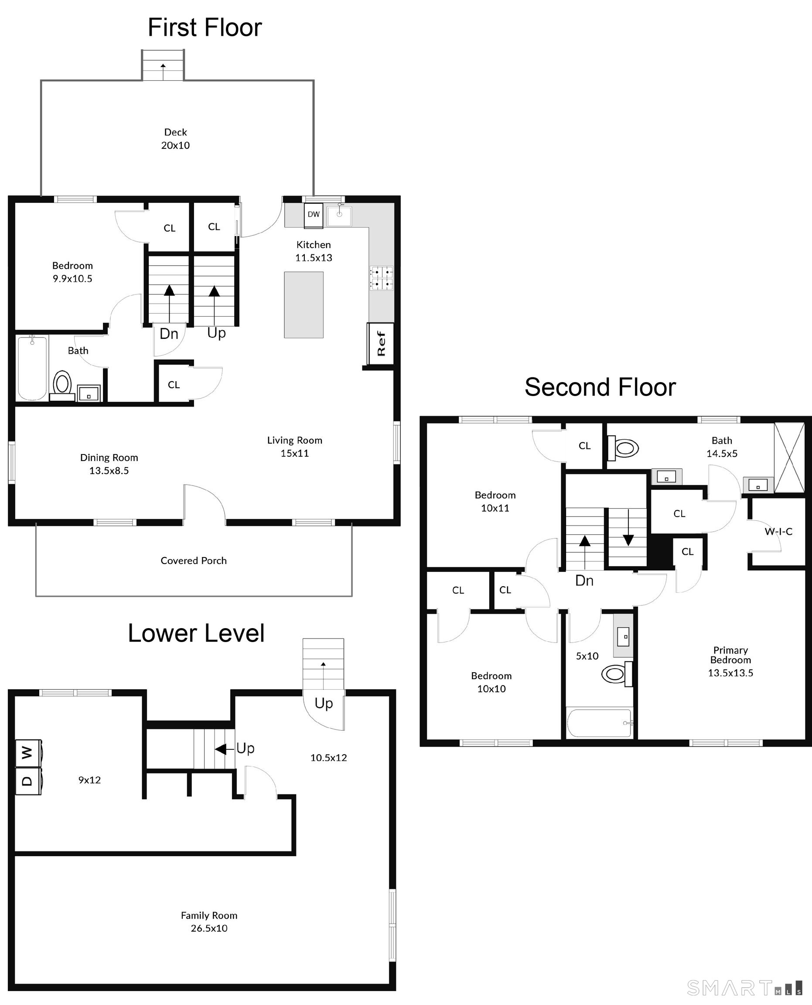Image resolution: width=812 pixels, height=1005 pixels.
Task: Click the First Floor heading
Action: pyautogui.click(x=205, y=27)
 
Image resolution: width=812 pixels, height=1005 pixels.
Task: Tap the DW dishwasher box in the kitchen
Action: pyautogui.click(x=314, y=215)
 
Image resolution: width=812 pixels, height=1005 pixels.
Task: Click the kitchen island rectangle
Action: pyautogui.click(x=304, y=304)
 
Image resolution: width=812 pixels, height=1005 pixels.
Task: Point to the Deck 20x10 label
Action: pyautogui.click(x=175, y=138)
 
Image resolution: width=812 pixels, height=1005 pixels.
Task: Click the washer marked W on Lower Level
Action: pyautogui.click(x=28, y=753)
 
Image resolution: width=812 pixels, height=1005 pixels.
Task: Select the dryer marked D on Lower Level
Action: pyautogui.click(x=28, y=781)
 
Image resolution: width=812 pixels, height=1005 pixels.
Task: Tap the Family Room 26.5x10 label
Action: pyautogui.click(x=209, y=921)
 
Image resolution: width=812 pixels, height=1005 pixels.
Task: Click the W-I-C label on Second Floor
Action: pyautogui.click(x=778, y=532)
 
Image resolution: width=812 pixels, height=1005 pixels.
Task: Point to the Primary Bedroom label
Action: pyautogui.click(x=730, y=655)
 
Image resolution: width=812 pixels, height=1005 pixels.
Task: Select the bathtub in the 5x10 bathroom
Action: pyautogui.click(x=599, y=723)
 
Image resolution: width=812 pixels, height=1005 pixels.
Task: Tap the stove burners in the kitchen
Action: pyautogui.click(x=382, y=278)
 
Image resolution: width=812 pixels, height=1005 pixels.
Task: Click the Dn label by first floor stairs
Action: pyautogui.click(x=169, y=334)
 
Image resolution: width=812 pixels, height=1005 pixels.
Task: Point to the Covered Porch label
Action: pyautogui.click(x=194, y=561)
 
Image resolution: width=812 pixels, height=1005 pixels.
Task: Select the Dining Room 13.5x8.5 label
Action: pyautogui.click(x=109, y=464)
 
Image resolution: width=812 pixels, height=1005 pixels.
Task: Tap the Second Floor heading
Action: pyautogui.click(x=600, y=387)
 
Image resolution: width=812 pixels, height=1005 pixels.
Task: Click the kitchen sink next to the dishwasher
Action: pyautogui.click(x=339, y=215)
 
